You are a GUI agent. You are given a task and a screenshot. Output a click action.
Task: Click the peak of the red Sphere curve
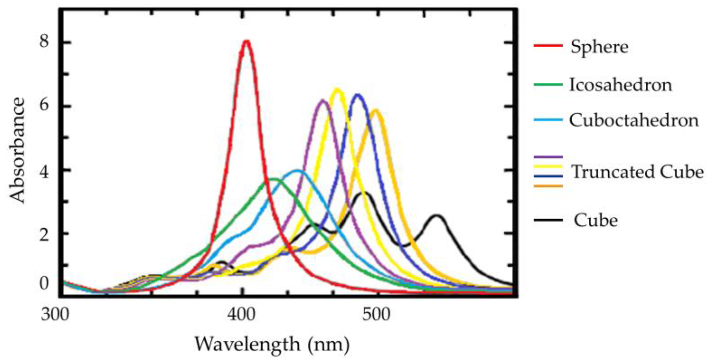(246, 41)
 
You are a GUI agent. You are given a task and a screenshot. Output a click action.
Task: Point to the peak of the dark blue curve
(357, 95)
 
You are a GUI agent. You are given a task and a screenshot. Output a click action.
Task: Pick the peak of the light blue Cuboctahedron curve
(298, 171)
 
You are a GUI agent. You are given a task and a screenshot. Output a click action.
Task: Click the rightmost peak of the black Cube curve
(437, 216)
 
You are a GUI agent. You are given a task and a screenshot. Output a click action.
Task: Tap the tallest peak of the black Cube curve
(365, 193)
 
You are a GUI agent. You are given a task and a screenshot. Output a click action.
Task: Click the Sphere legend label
(599, 47)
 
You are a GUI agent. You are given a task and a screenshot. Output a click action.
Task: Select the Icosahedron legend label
(620, 85)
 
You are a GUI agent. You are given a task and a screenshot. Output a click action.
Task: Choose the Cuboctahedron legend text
(633, 120)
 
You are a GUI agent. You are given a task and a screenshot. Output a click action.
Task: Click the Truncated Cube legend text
(637, 172)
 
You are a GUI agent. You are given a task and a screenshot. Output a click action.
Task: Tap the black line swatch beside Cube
(548, 220)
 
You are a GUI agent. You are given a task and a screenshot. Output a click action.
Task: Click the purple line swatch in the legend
(548, 157)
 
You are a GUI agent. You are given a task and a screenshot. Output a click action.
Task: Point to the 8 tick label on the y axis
(44, 43)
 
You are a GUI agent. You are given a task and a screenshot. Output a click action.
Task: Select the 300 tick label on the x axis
(55, 314)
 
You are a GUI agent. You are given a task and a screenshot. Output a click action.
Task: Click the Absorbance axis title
(17, 150)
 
